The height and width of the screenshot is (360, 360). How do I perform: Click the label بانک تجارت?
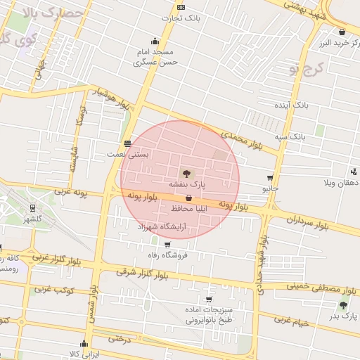pos(182,18)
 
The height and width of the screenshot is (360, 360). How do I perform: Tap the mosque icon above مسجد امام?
pos(155,41)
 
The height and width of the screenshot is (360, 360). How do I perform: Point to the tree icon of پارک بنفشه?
pos(186,173)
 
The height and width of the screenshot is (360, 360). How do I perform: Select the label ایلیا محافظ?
pos(187,209)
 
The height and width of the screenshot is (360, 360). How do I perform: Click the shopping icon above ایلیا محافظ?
pos(188,199)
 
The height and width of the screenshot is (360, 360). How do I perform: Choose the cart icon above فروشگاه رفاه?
pos(167,245)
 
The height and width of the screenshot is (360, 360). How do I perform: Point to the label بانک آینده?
pos(291,104)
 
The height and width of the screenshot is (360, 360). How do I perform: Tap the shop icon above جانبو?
pos(271,178)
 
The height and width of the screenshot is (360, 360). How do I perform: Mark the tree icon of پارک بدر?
pos(343,305)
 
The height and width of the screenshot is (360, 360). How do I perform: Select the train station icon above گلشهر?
pos(32,208)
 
